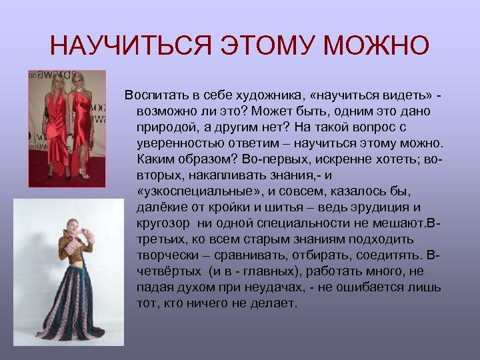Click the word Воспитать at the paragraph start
pyautogui.click(x=154, y=94)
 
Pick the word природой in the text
pyautogui.click(x=165, y=127)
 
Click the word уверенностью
pyautogui.click(x=178, y=144)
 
